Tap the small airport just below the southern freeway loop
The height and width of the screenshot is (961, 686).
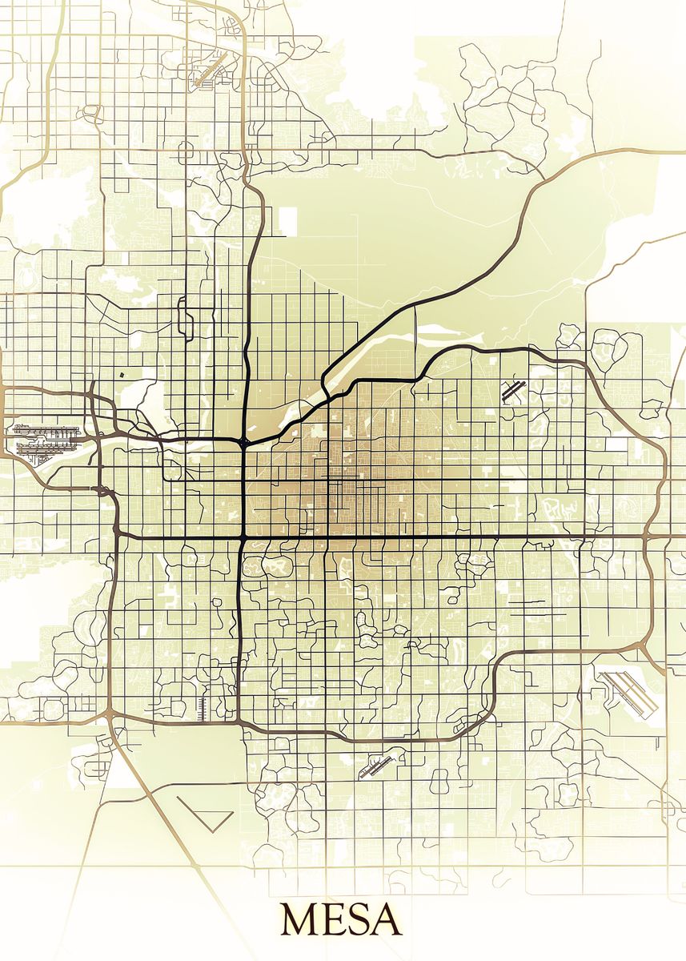coord(376,766)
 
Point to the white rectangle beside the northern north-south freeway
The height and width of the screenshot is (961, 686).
coord(287,220)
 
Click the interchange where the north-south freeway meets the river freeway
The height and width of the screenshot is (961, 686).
coord(243,441)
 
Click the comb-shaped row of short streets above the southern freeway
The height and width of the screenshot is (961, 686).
coord(202,706)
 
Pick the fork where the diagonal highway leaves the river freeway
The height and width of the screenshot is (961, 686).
coord(326,380)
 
